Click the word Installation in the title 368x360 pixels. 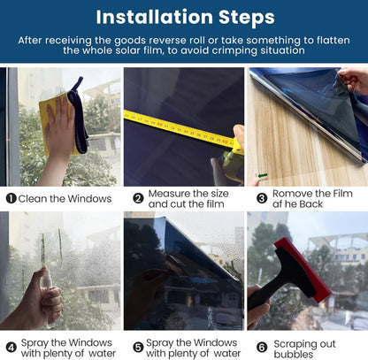tap(155, 17)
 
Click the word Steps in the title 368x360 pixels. tap(247, 19)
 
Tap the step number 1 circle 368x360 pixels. tap(11, 198)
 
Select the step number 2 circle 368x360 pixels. tap(138, 198)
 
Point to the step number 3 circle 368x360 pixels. tap(262, 198)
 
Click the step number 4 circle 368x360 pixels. tap(11, 348)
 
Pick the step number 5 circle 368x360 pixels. tap(138, 348)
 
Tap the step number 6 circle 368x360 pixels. tap(262, 348)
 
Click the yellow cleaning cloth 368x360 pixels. tap(56, 124)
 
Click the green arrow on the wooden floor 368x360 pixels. tap(263, 176)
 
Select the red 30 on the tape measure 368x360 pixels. tap(159, 125)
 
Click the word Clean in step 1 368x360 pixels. tap(33, 199)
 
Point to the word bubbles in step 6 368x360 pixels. tap(294, 354)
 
